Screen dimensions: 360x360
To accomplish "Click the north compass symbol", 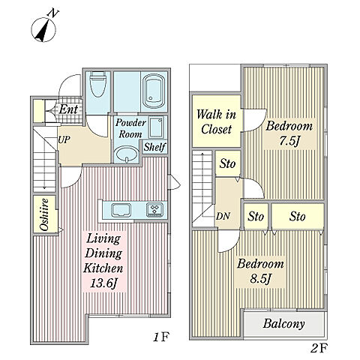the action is (x=44, y=28).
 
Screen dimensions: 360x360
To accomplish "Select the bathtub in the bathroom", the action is (x=154, y=91).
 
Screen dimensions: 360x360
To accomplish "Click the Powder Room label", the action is (x=130, y=128).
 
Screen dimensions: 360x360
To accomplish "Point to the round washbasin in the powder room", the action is (x=127, y=154).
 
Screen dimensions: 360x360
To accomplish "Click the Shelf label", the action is (x=154, y=147).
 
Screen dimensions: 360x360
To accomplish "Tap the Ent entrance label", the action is (x=68, y=109).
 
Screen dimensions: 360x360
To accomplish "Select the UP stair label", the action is (x=64, y=139).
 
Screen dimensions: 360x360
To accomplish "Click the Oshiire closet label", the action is (x=44, y=214).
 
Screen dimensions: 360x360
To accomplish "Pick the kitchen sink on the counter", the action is (x=121, y=210).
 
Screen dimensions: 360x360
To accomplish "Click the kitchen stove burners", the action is (x=155, y=208).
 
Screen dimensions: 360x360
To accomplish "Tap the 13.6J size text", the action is (x=104, y=283).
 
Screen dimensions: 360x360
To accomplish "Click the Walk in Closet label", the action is (x=216, y=122).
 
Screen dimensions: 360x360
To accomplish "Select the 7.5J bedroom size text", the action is (x=289, y=142).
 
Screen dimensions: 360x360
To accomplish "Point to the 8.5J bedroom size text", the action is (x=260, y=279).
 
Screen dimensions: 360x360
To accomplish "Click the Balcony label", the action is (x=284, y=324).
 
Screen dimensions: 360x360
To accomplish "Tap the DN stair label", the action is (x=223, y=217).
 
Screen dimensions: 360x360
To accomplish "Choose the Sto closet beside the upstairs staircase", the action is (x=228, y=163).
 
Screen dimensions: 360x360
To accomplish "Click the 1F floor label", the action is (x=161, y=337).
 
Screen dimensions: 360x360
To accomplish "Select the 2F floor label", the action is (x=319, y=348).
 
